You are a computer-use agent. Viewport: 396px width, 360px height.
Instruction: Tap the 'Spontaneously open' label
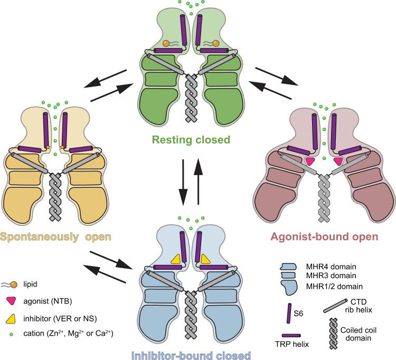(55, 236)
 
